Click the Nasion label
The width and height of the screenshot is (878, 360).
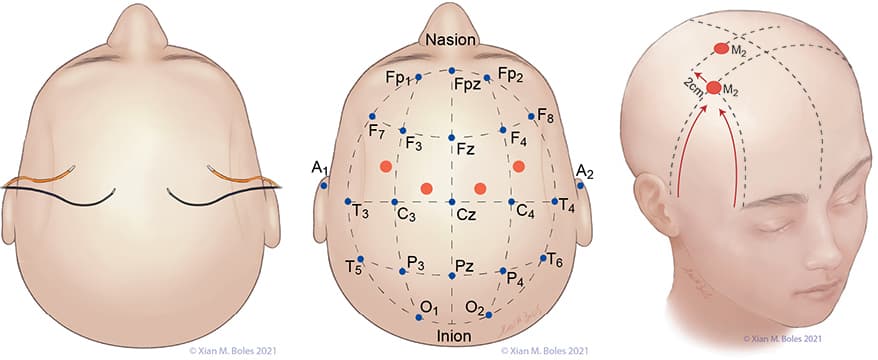coord(451,39)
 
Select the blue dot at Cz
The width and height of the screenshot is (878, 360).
coord(451,202)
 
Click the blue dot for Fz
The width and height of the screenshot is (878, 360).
coord(451,138)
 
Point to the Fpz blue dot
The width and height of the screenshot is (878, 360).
coord(451,71)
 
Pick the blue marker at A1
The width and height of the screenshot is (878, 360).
coord(324,185)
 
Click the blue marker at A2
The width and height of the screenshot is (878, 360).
coord(580,185)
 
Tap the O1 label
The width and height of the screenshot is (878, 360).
coord(428,306)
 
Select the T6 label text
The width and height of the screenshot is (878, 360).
coord(555,259)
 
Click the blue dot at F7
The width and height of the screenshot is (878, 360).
coord(372,116)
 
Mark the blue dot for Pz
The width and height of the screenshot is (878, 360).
coord(451,275)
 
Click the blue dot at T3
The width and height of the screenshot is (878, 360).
coord(348,201)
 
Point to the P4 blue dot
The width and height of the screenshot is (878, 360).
coord(503,270)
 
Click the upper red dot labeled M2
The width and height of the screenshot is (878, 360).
coord(721,49)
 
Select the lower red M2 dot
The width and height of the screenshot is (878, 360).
coord(713,88)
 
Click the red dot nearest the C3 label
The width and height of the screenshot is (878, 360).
coord(427,189)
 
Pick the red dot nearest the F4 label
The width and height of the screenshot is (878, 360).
coord(519,166)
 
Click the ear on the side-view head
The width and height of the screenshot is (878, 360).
coord(653,202)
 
